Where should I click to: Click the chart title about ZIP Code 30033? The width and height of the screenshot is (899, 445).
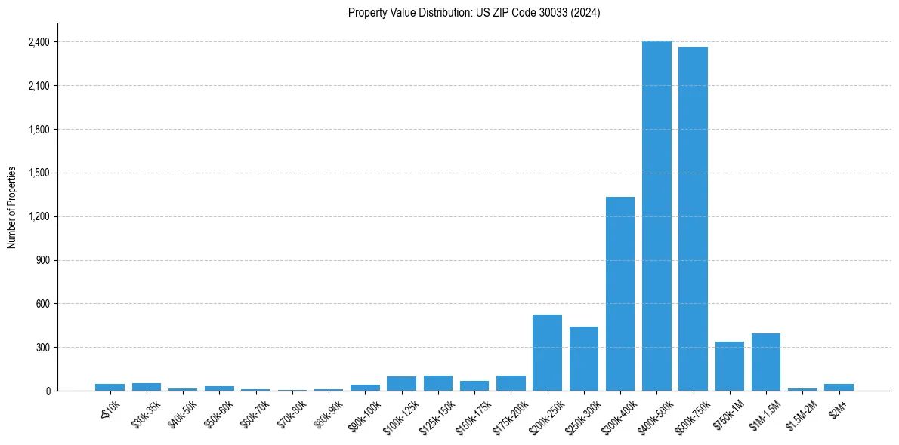[x=474, y=13]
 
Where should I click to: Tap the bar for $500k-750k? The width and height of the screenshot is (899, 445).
[x=693, y=219]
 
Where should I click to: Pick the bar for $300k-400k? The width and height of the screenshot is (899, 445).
[x=620, y=294]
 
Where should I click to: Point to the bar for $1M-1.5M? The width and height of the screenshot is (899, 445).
[x=766, y=362]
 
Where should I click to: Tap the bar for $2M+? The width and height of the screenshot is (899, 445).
[x=839, y=388]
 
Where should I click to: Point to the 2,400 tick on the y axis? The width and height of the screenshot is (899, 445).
[x=38, y=42]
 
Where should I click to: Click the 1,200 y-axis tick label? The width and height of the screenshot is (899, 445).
[x=38, y=216]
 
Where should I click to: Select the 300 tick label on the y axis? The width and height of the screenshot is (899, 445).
[x=42, y=348]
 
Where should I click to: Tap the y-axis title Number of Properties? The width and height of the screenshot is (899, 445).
[x=12, y=207]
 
